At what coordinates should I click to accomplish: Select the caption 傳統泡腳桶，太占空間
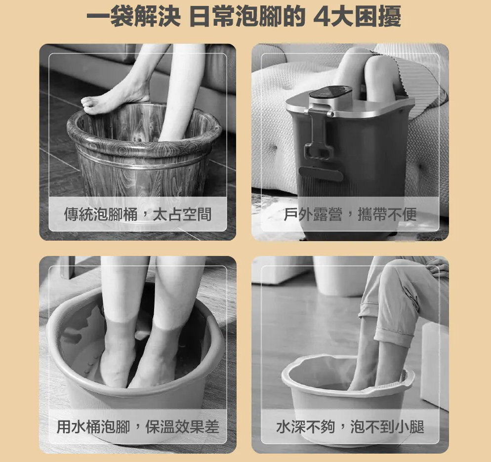pyautogui.click(x=138, y=215)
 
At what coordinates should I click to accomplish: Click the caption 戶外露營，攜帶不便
pyautogui.click(x=350, y=215)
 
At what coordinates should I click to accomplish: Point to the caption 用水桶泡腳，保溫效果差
pyautogui.click(x=138, y=426)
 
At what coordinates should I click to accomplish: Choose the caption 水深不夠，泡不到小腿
pyautogui.click(x=350, y=426)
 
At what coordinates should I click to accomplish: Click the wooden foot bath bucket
pyautogui.click(x=144, y=154)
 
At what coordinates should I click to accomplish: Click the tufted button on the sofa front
pyautogui.click(x=273, y=147)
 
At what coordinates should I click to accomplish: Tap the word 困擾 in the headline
pyautogui.click(x=378, y=17)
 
